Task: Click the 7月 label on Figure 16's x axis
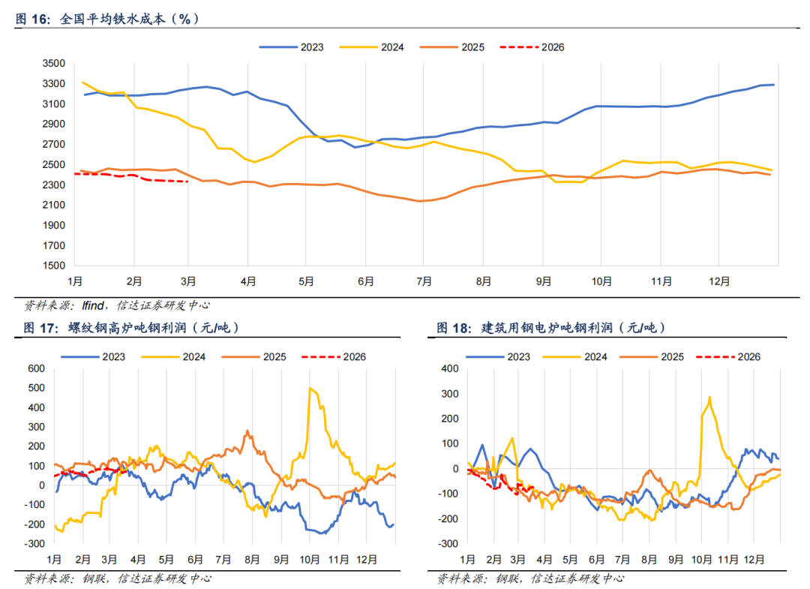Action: pos(424,281)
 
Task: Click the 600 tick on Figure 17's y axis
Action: pos(37,368)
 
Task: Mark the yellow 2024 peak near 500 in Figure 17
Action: pos(310,388)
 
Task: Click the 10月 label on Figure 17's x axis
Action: pos(309,559)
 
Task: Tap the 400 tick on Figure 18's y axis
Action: pos(450,368)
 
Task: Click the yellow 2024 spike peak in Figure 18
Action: pos(709,397)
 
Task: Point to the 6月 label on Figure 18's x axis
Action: pos(597,559)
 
